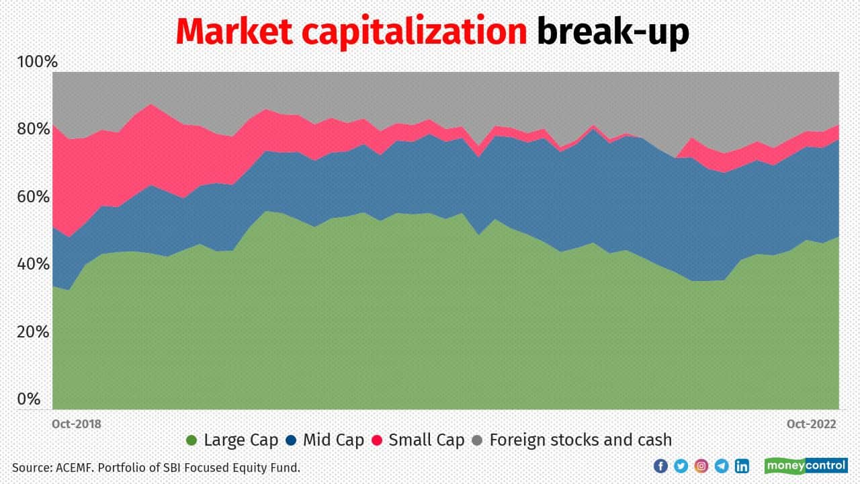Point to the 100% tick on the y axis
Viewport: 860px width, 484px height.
[x=37, y=63]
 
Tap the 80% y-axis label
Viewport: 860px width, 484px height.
[x=34, y=129]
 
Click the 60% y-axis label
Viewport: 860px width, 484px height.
[x=34, y=197]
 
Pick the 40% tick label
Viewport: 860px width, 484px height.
[x=34, y=264]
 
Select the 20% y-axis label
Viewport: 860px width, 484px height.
[x=34, y=332]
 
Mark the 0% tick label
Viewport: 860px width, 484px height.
[x=29, y=399]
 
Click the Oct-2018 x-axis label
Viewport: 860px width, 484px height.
[x=77, y=424]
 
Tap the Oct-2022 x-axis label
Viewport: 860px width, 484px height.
[x=812, y=424]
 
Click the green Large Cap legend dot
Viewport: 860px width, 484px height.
[x=191, y=441]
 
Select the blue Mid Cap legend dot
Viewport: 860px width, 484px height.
[x=291, y=441]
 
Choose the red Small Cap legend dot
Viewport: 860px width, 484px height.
[x=377, y=441]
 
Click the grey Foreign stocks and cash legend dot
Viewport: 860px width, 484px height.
[x=477, y=441]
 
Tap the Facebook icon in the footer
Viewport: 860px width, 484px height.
[x=660, y=466]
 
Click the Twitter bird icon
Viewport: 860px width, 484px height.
[x=681, y=466]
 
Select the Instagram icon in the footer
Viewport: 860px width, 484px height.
[x=701, y=466]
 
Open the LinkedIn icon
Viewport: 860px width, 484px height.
[x=742, y=466]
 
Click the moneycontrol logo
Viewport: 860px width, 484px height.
[x=806, y=466]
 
